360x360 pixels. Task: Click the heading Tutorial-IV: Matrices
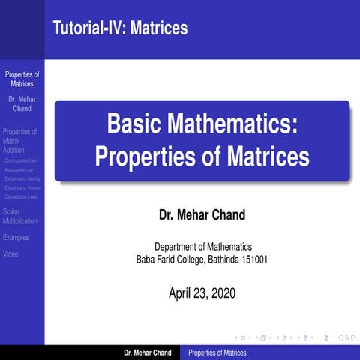click(x=120, y=28)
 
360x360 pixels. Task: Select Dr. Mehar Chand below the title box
click(x=202, y=217)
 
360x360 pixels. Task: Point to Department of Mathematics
click(x=202, y=247)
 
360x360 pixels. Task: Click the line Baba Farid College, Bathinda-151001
click(x=202, y=259)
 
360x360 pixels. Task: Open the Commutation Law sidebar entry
click(x=21, y=160)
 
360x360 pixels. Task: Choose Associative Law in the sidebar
click(x=19, y=170)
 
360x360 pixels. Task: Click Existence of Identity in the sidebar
click(x=22, y=179)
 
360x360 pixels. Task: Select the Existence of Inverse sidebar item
click(x=22, y=188)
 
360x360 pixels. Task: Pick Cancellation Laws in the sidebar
click(x=21, y=197)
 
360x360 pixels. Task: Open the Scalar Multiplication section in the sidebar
click(x=20, y=217)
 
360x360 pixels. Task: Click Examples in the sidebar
click(x=16, y=238)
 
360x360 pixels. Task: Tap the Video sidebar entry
click(x=11, y=254)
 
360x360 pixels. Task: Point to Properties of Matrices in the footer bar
click(x=217, y=352)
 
